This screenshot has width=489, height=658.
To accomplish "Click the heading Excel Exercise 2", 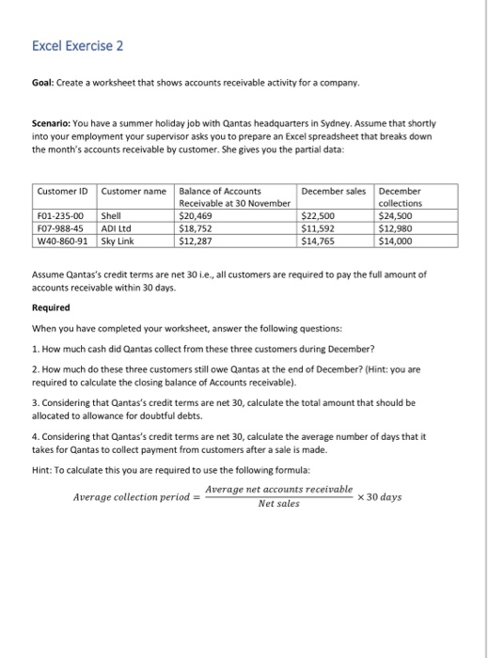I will tap(77, 46).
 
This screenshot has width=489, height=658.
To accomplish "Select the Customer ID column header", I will tap(63, 191).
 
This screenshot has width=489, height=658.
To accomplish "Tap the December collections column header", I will tap(401, 196).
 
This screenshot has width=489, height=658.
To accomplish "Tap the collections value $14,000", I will tap(396, 242).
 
